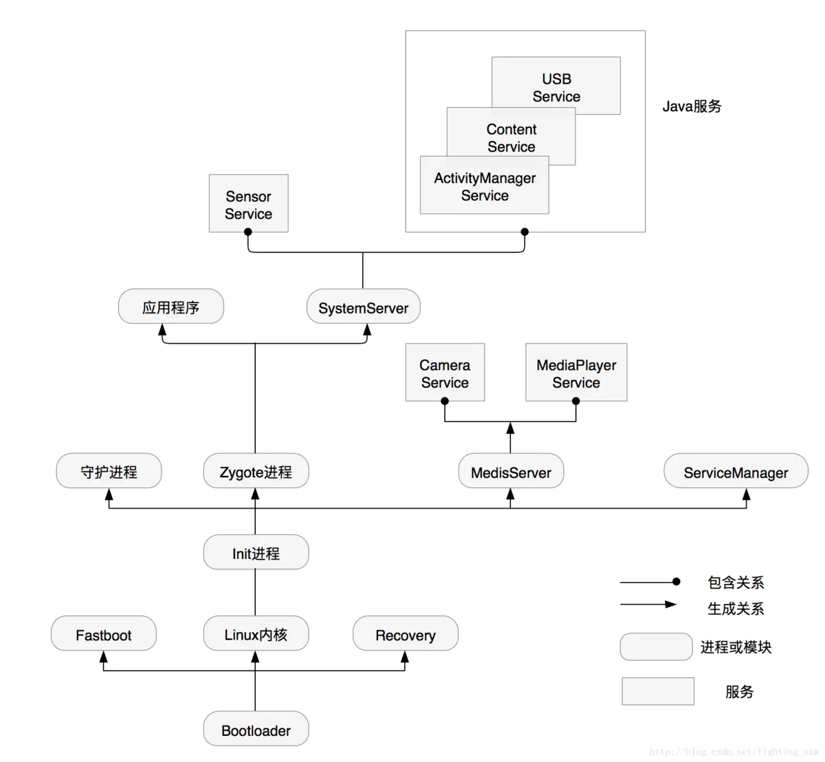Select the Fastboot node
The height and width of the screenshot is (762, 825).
click(103, 634)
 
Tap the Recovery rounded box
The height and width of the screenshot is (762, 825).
click(405, 634)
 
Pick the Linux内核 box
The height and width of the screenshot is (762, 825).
click(256, 634)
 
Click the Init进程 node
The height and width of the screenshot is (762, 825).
click(256, 552)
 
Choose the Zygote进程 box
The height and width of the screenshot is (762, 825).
click(256, 471)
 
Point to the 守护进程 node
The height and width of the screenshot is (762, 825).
click(109, 471)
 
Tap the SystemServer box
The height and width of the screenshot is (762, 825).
click(363, 307)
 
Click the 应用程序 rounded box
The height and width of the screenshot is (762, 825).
click(170, 307)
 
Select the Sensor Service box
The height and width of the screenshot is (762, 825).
click(248, 204)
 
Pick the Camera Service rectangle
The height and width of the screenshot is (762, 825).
click(445, 372)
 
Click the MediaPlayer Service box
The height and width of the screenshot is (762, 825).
click(576, 372)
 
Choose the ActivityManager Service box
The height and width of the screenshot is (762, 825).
click(484, 186)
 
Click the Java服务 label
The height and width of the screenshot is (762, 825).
click(692, 106)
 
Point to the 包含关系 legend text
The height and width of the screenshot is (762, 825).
click(736, 582)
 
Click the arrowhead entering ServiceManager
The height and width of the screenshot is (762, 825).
click(747, 495)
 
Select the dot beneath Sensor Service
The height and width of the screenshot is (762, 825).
click(248, 232)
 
